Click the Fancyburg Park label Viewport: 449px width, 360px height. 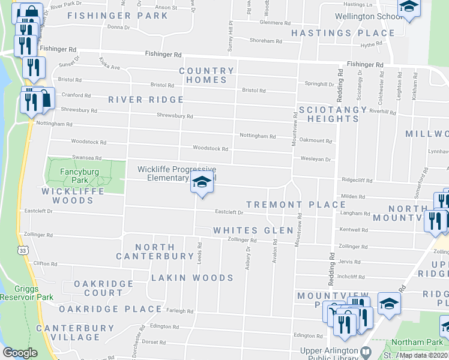click(80, 175)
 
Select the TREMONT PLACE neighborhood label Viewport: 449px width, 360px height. click(296, 205)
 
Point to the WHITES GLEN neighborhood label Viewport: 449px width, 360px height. click(253, 230)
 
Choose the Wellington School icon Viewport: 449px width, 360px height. click(409, 8)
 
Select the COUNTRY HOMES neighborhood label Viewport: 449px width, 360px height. click(206, 75)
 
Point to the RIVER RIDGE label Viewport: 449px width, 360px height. click(146, 100)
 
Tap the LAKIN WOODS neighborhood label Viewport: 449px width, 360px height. click(192, 278)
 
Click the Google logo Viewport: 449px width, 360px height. click(20, 353)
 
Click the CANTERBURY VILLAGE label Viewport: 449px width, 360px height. click(75, 332)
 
